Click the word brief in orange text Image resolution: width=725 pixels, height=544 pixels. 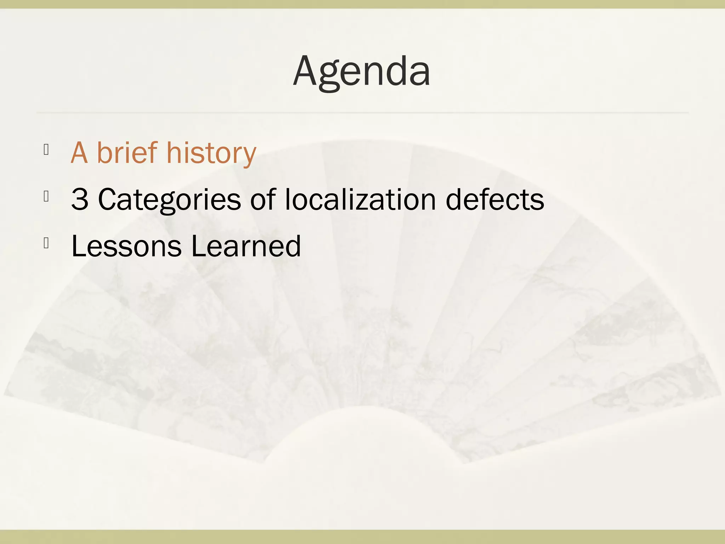point(127,153)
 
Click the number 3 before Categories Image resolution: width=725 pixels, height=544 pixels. point(79,199)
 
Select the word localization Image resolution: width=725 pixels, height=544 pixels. point(360,199)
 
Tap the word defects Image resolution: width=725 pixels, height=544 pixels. point(495,199)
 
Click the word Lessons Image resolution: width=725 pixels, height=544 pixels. point(126,246)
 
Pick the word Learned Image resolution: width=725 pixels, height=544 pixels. point(246,246)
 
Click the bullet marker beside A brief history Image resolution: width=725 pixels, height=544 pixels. point(46,150)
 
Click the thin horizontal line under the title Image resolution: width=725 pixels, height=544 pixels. point(362,112)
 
